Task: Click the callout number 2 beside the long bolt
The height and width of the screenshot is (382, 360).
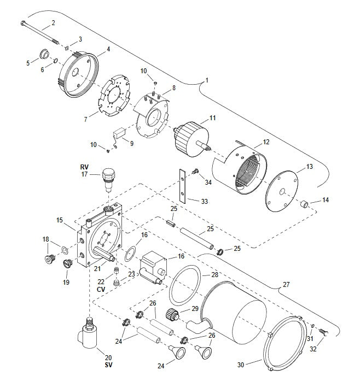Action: (53, 22)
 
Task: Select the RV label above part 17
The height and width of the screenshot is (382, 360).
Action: (84, 167)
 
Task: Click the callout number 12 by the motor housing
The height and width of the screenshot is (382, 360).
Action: (266, 142)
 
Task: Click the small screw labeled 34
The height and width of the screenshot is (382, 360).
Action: (195, 172)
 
